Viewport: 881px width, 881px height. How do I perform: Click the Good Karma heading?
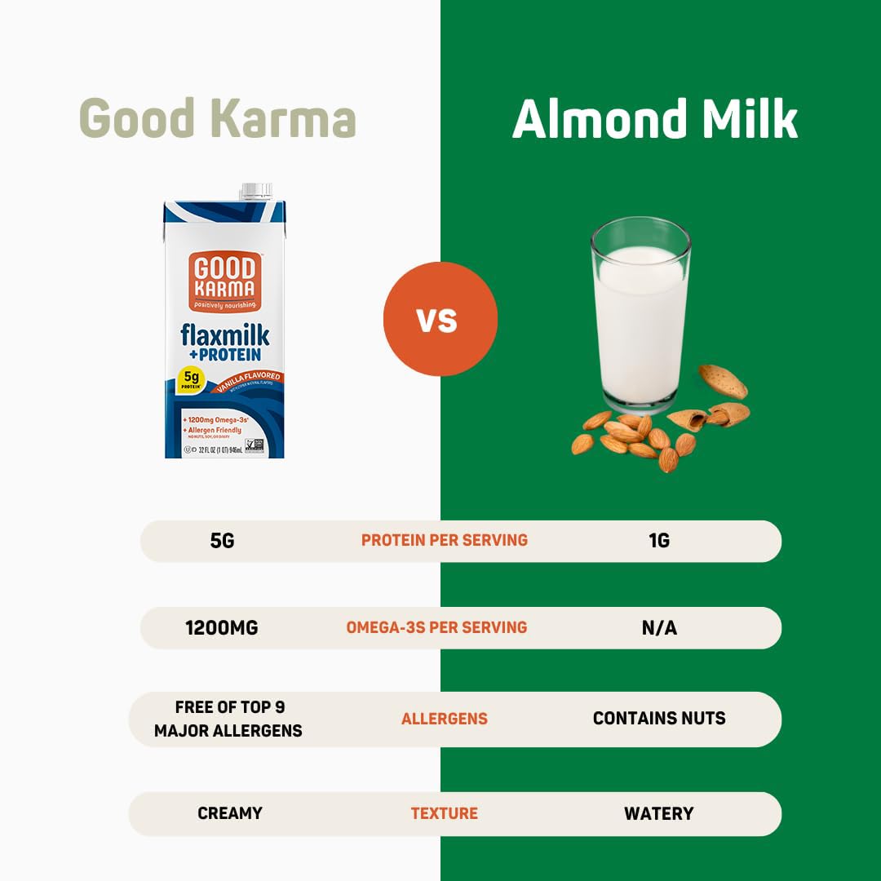(x=218, y=118)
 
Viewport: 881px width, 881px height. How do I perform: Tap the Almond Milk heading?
(x=654, y=118)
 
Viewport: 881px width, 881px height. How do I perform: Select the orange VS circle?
(x=440, y=319)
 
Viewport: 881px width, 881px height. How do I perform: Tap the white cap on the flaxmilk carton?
(x=255, y=192)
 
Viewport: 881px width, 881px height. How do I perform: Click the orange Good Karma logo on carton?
(x=224, y=281)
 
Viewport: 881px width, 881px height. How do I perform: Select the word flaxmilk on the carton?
(x=224, y=335)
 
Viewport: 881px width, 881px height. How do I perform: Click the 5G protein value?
(x=222, y=540)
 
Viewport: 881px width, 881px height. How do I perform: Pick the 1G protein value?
(x=659, y=540)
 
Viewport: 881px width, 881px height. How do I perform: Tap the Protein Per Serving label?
(x=445, y=540)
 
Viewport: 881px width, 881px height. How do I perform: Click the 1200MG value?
(x=222, y=628)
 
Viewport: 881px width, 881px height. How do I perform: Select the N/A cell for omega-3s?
(x=659, y=628)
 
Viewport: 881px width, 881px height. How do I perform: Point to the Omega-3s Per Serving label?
(x=436, y=627)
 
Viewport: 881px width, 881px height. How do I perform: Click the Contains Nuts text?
(x=659, y=719)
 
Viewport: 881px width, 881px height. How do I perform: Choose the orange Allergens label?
(x=444, y=719)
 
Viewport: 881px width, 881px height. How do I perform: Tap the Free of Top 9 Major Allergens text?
(x=228, y=719)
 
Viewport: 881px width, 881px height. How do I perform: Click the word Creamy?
(x=230, y=813)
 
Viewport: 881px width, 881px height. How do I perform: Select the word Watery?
(x=659, y=813)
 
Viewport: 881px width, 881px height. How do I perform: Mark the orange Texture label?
(x=444, y=813)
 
